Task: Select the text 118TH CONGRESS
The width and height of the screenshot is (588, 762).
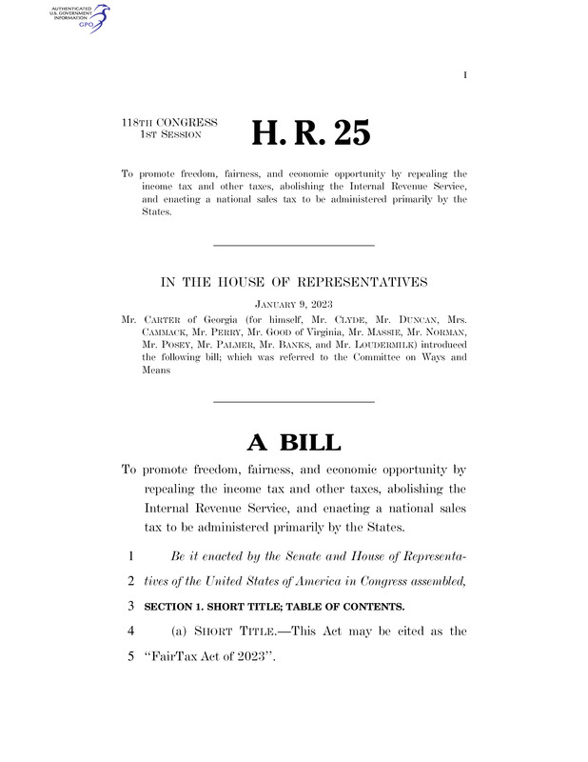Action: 169,123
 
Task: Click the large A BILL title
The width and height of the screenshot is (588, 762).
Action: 293,442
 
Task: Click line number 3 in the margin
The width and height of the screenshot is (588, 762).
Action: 127,607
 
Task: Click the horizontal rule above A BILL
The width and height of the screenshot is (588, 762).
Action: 293,401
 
